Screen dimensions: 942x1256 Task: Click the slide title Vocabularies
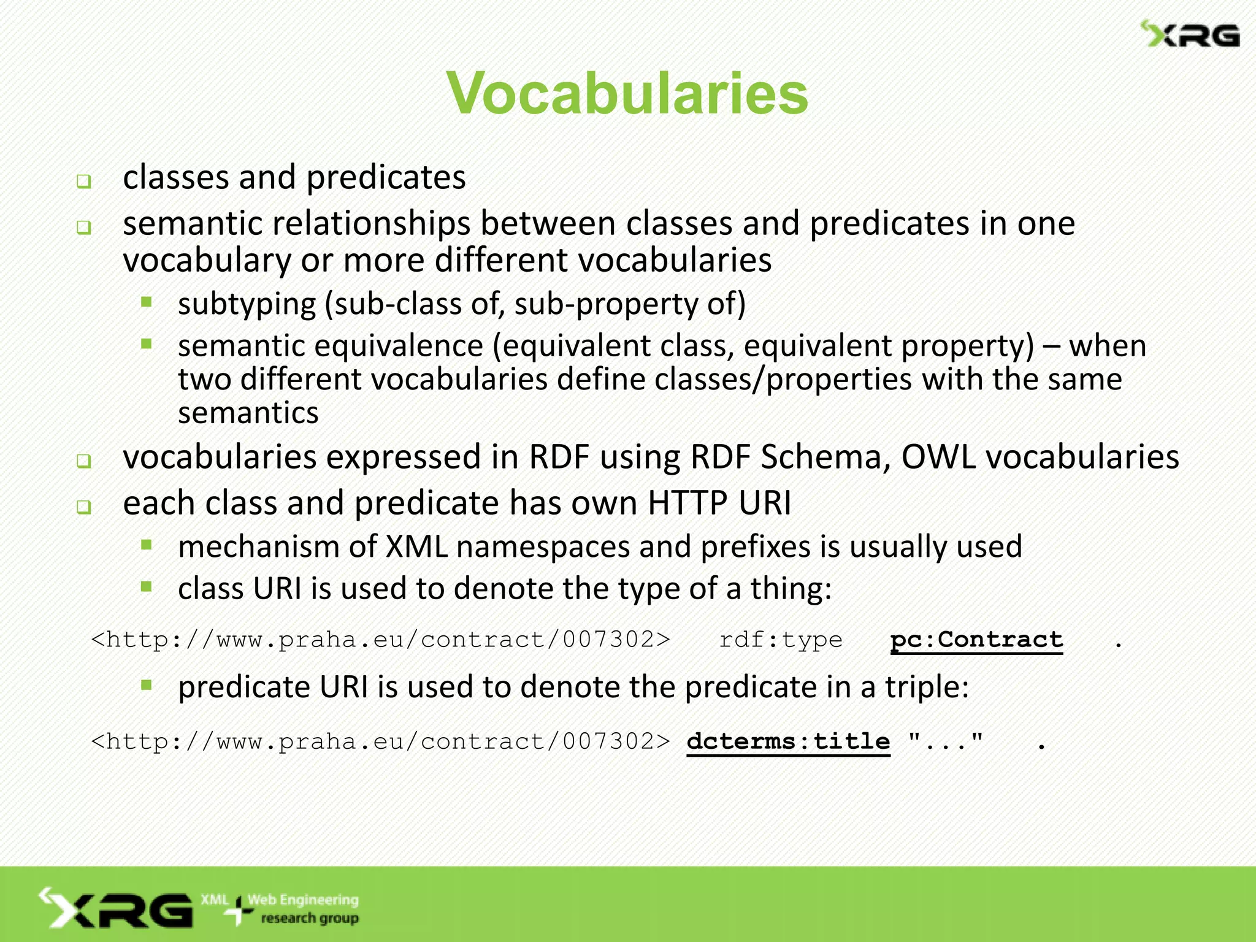(x=627, y=93)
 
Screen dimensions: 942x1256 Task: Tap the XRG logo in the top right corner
(x=1190, y=34)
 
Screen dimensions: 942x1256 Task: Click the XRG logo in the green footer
(x=117, y=909)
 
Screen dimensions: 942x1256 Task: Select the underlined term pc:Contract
(x=976, y=640)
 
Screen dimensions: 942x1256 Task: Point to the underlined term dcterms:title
(x=788, y=741)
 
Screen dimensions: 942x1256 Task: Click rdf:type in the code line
(x=781, y=640)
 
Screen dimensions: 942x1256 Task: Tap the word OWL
(x=938, y=458)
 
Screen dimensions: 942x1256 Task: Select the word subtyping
(x=247, y=304)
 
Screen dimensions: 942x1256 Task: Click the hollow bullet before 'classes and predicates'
(x=84, y=182)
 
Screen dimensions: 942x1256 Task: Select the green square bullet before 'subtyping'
(x=146, y=302)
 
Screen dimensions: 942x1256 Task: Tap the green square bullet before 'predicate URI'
(x=146, y=685)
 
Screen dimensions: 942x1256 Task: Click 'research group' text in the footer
(x=310, y=918)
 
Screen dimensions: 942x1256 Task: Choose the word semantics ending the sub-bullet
(x=248, y=413)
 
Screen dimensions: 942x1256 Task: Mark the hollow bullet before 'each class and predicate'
(x=84, y=507)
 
